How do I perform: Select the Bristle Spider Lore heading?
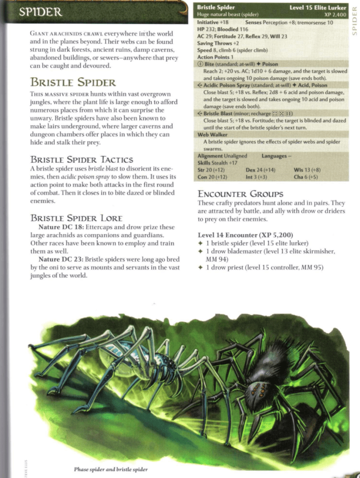76,218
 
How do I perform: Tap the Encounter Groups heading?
240,194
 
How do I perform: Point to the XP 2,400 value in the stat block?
334,15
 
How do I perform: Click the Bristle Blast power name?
221,113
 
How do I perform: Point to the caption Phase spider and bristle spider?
111,469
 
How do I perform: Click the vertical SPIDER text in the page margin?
354,21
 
